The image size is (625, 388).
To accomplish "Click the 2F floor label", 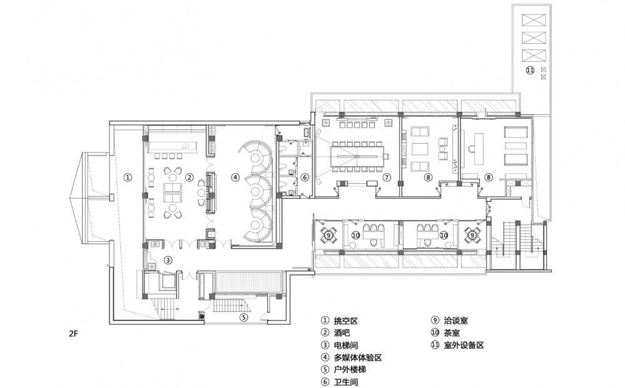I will pos(74,334).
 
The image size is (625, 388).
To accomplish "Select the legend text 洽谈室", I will pos(455,321).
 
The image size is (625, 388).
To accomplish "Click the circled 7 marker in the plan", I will pos(387,177).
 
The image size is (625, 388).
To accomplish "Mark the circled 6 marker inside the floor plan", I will pos(305,177).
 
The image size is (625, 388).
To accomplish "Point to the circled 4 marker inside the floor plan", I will pos(235,177).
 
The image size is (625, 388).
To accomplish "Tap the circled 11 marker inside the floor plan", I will pos(530,71).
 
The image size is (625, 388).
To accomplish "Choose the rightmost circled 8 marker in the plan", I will pos(489,177).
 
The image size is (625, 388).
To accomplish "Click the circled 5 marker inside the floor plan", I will pos(244,317).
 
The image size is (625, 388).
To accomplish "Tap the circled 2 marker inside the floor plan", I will pos(188,177).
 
